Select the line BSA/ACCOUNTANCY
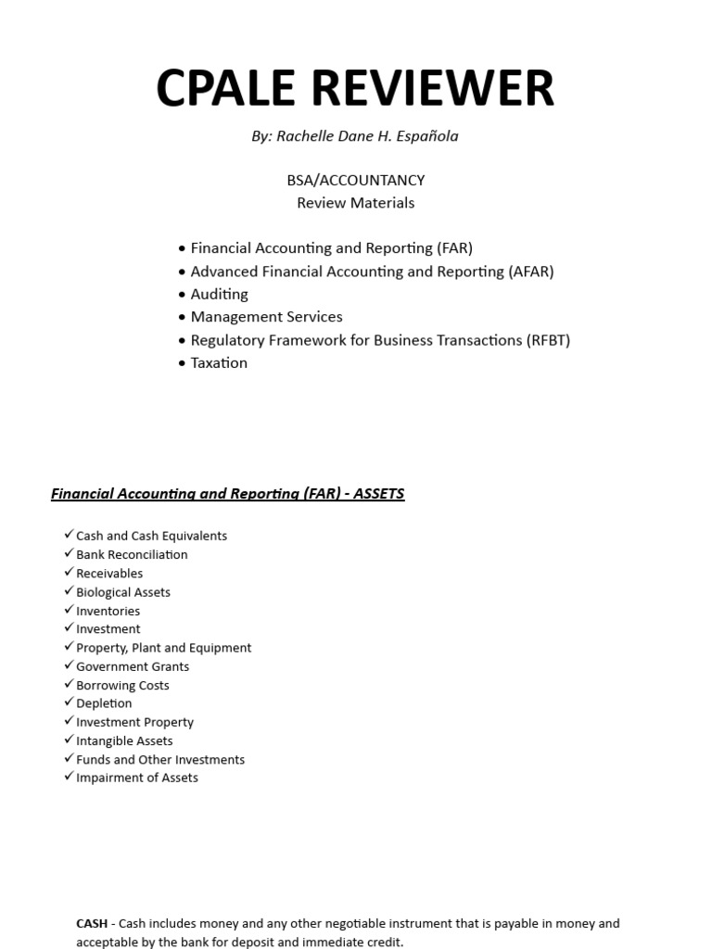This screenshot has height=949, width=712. [x=356, y=180]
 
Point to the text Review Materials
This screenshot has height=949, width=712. [x=356, y=203]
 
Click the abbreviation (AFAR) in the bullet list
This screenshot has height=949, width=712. [x=530, y=272]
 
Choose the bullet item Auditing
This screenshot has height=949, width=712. [x=219, y=295]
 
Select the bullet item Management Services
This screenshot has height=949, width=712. [x=266, y=317]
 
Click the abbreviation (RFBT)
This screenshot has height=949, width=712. [x=548, y=340]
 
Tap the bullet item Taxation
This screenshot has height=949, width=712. [x=219, y=363]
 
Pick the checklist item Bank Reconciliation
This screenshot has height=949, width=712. [x=132, y=555]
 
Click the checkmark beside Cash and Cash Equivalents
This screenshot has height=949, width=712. [x=69, y=535]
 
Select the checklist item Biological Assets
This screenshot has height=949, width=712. [x=123, y=592]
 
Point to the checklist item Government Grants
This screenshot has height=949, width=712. [x=133, y=666]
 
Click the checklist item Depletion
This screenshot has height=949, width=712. [x=104, y=703]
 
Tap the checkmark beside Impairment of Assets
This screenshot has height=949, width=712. [x=69, y=777]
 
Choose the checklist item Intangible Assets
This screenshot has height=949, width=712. [x=124, y=740]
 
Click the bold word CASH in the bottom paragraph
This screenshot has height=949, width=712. [x=91, y=924]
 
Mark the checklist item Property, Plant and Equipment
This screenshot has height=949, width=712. [x=163, y=648]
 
